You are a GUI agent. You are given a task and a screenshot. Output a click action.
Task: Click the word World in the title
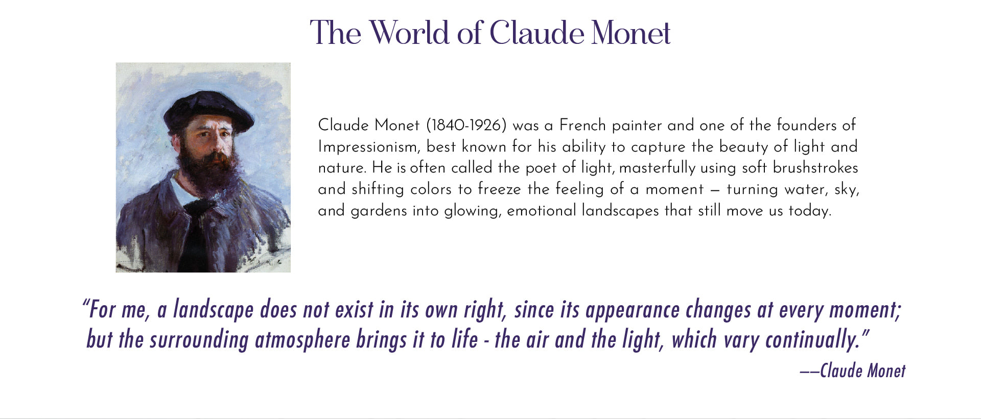pos(409,33)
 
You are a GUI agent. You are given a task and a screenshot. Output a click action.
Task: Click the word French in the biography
pos(582,125)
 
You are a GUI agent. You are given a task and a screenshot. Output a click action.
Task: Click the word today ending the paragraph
pos(809,210)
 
